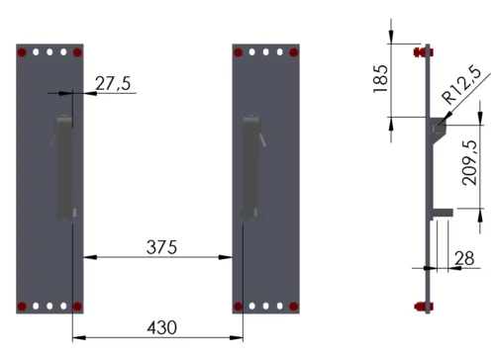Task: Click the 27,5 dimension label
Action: [113, 83]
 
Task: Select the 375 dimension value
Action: [161, 247]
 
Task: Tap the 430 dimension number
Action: [161, 327]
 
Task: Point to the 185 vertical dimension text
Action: [381, 79]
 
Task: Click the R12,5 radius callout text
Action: [461, 85]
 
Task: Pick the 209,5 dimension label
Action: [470, 162]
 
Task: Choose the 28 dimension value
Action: [464, 258]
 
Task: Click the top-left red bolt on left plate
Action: [22, 52]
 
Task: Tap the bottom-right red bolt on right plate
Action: [294, 307]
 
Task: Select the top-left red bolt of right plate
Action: [238, 52]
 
